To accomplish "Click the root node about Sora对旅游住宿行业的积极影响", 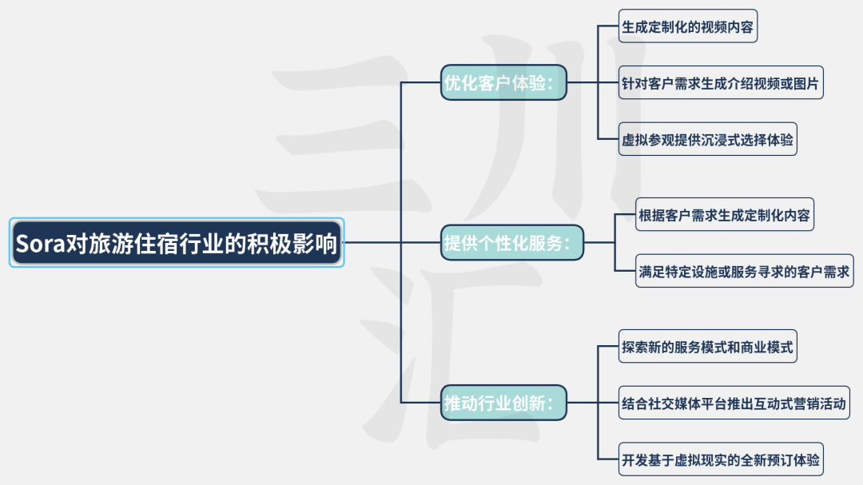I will pos(177,242).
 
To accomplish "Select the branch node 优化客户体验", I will pos(503,82).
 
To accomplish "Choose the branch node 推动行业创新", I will pos(504,402).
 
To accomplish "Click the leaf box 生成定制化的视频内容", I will pos(687,26).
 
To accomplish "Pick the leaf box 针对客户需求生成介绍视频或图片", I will pos(721,82).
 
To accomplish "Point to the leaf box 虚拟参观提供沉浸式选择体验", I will pos(707,139).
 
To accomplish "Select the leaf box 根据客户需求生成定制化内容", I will pos(725,215).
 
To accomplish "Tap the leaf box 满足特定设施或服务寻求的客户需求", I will pos(745,271).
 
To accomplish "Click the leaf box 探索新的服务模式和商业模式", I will pos(707,348).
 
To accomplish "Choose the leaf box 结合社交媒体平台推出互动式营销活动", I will pos(733,404).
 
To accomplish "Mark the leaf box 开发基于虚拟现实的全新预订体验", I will pos(721,459).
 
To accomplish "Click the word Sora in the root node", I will pos(40,243).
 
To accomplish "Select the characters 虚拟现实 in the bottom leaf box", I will pos(714,460).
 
